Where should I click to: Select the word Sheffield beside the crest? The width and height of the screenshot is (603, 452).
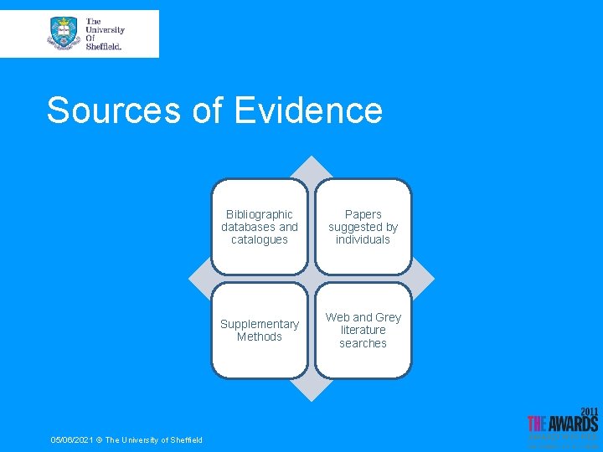[103, 46]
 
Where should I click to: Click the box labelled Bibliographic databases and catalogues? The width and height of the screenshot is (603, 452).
[260, 227]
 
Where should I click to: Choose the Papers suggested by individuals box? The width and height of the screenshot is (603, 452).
[363, 227]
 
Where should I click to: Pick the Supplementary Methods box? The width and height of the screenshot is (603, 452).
[260, 331]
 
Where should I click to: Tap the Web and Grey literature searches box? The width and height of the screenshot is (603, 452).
[363, 331]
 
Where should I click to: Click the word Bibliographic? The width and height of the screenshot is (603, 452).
[260, 214]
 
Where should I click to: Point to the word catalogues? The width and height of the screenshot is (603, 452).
[260, 239]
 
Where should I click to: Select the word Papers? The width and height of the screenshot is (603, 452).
[363, 214]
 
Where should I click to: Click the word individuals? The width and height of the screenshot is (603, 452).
[363, 239]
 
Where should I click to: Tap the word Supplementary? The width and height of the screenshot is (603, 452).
[260, 324]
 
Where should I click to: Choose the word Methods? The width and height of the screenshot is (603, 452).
[260, 336]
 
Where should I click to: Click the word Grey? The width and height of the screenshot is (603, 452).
[388, 317]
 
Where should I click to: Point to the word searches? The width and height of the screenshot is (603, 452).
[363, 343]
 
